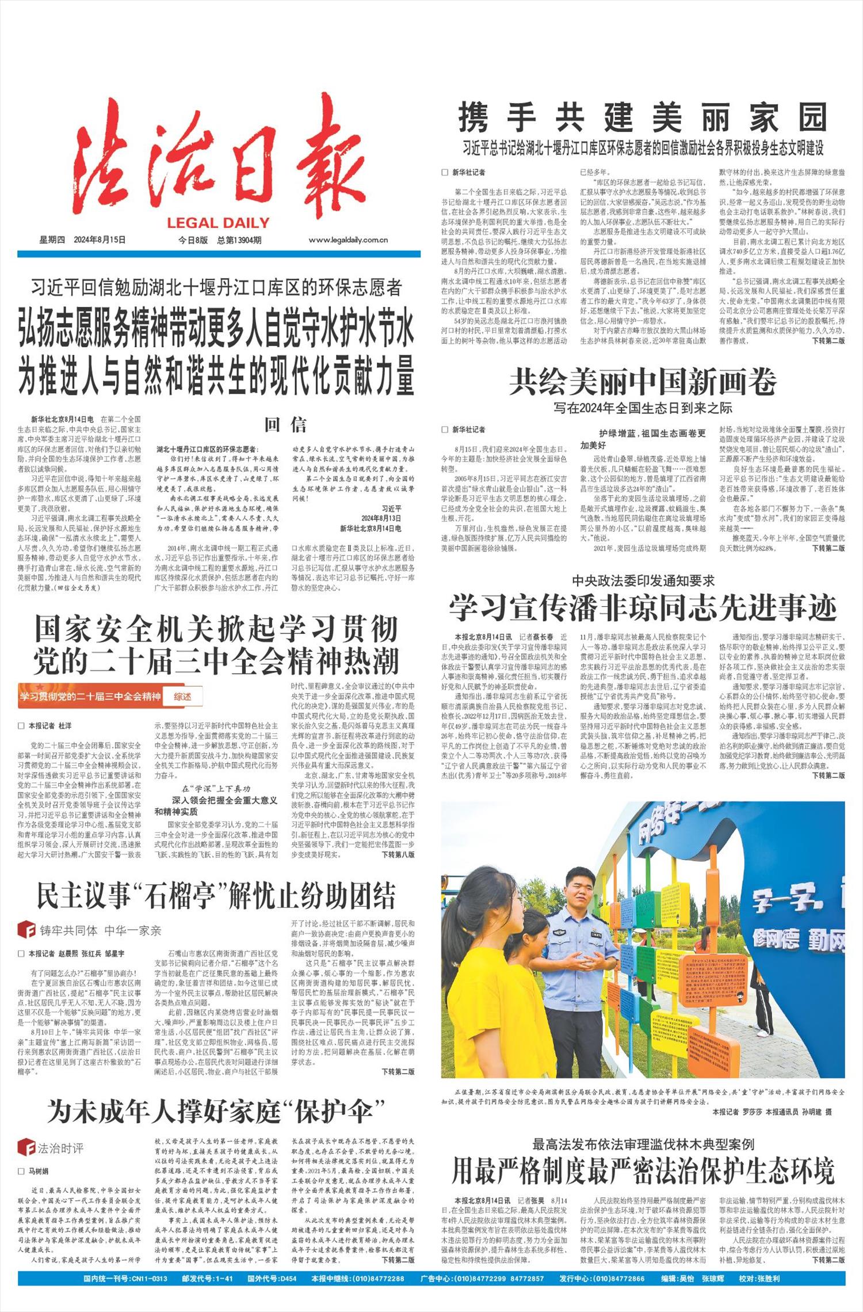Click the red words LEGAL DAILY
(x=219, y=223)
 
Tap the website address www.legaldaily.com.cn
(x=348, y=240)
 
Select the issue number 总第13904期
(x=239, y=240)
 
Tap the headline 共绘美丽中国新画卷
(x=643, y=381)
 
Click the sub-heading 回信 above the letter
(x=285, y=425)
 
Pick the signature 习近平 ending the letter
(x=391, y=509)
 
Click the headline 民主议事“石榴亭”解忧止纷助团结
(x=216, y=896)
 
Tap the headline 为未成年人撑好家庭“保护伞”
(x=216, y=1111)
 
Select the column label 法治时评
(x=60, y=1149)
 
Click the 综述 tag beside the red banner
(x=182, y=697)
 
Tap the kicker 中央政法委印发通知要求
(x=643, y=580)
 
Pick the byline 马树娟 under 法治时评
(x=38, y=1172)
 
